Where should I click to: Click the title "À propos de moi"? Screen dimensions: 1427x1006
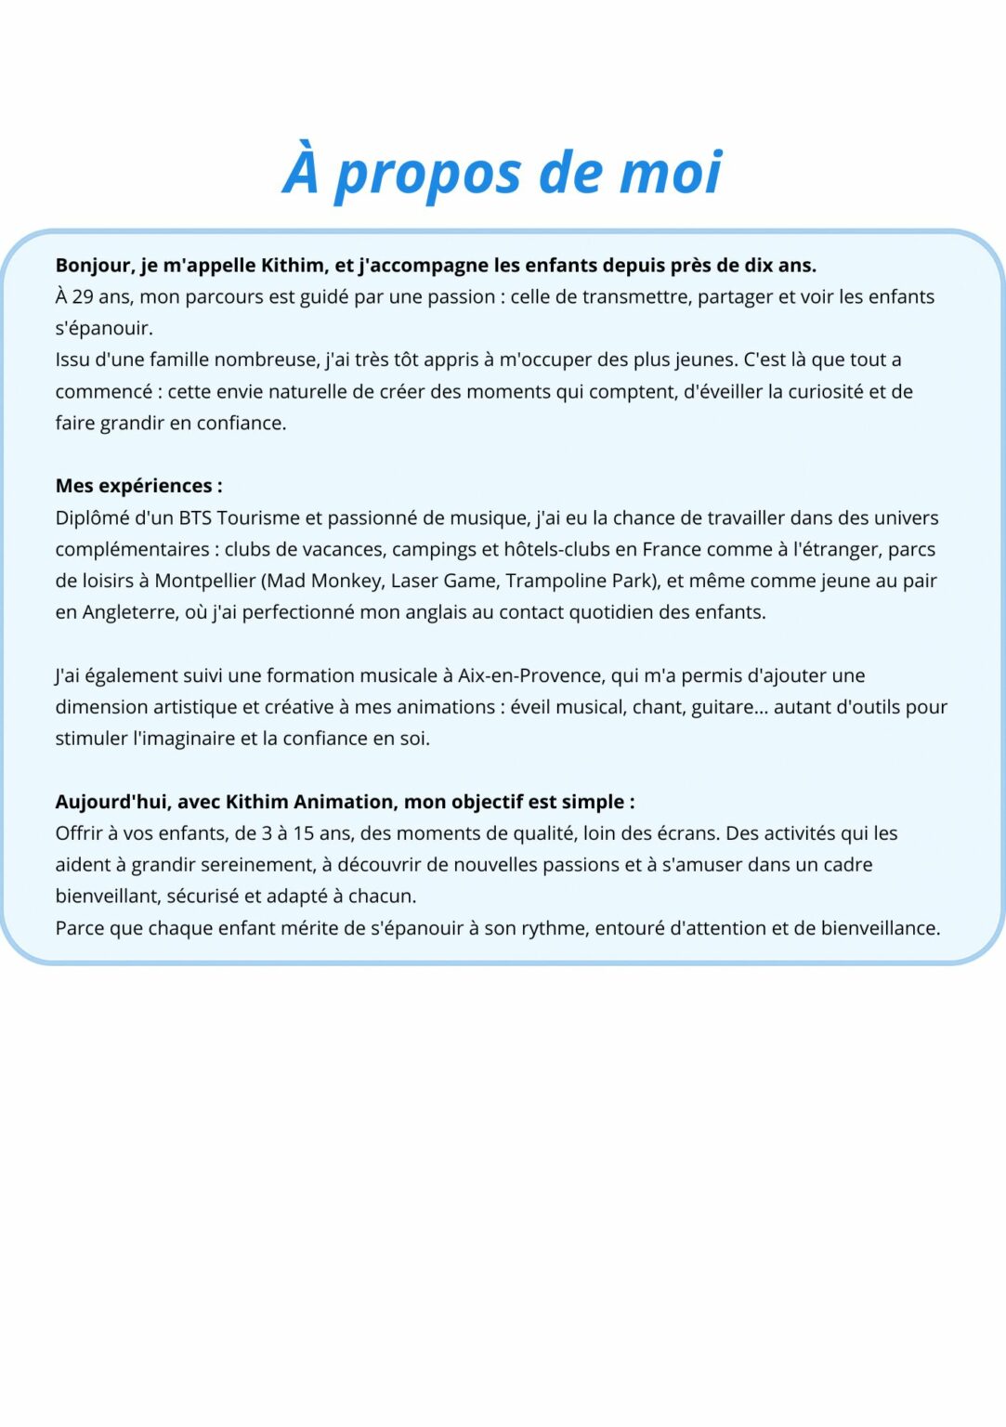(503, 173)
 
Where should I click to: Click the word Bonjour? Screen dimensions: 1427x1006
(94, 266)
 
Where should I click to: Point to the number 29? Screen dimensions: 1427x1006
(83, 297)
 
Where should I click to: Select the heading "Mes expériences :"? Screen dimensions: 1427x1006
(138, 486)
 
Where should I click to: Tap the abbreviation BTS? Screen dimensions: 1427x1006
(195, 517)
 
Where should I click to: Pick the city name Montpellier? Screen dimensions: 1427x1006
(204, 581)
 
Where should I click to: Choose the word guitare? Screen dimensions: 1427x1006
(723, 707)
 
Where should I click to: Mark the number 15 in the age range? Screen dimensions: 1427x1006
(304, 833)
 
